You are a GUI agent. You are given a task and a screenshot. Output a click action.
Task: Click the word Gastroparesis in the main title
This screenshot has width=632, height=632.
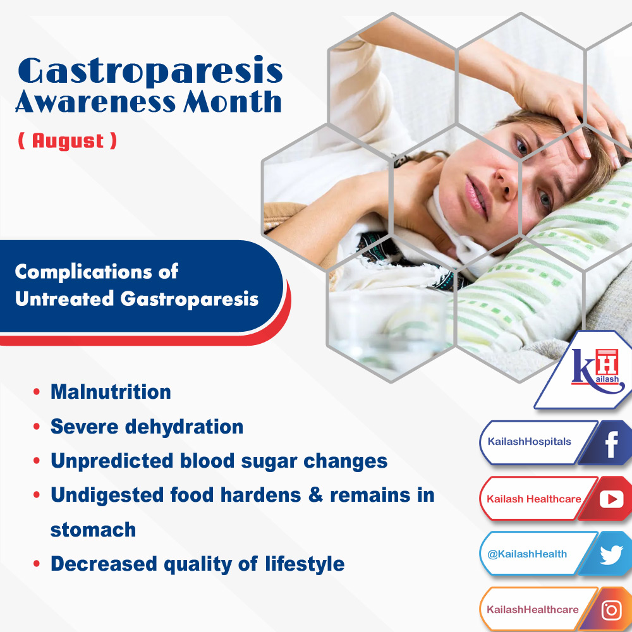point(150,71)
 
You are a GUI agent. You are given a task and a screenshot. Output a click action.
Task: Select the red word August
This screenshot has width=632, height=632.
point(68,140)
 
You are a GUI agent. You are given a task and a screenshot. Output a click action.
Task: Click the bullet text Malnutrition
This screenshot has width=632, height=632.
point(111,392)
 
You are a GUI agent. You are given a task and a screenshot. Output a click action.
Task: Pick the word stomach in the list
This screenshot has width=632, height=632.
point(93,530)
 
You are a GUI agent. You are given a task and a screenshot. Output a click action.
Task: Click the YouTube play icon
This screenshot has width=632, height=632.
point(611,499)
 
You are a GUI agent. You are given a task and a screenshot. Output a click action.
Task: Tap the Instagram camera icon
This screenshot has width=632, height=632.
point(611,610)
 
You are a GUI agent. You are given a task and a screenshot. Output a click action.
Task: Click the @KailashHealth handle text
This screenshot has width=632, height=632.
point(527,554)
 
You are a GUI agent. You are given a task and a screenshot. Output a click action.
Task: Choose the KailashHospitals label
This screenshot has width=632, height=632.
point(529,442)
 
